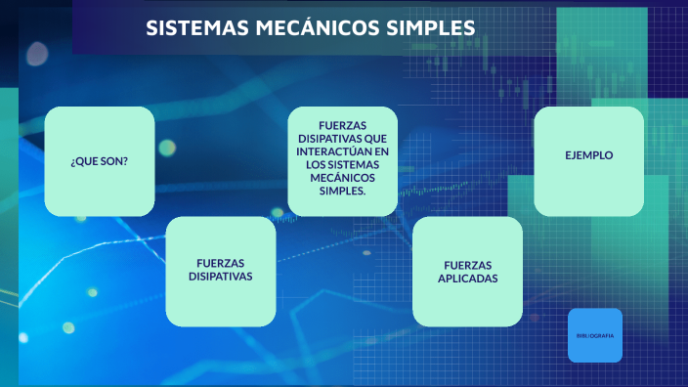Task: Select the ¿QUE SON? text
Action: (99, 161)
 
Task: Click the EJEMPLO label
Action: (588, 154)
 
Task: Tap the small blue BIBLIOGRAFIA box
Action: (594, 335)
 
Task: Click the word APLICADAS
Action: (467, 279)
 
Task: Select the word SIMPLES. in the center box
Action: (342, 191)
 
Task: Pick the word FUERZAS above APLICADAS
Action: (467, 265)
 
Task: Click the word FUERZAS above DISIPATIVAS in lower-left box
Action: (220, 263)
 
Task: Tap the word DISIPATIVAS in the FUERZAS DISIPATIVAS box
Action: (220, 277)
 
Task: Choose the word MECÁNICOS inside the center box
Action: (342, 178)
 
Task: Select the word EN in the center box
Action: (381, 152)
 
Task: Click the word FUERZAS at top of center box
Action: (342, 127)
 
